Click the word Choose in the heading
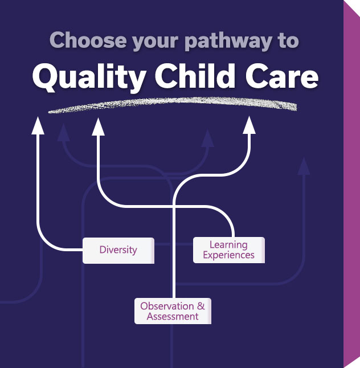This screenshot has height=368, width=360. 88,40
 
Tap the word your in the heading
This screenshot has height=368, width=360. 155,42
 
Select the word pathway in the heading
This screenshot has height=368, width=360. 228,42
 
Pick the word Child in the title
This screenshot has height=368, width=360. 195,76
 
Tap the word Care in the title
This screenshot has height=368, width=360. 282,76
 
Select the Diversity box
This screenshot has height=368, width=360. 118,251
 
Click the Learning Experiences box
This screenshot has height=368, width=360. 229,250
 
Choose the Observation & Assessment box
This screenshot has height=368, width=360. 173,311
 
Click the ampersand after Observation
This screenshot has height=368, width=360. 201,306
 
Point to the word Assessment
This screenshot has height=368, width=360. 173,317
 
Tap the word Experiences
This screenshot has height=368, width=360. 229,255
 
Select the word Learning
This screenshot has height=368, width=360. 228,245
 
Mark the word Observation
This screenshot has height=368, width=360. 167,306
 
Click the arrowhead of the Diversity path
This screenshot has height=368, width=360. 38,126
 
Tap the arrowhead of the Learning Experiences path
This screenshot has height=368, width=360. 98,126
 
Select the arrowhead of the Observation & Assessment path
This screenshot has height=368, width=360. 249,125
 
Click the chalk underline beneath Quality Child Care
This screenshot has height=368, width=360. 173,104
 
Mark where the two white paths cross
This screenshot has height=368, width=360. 174,207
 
